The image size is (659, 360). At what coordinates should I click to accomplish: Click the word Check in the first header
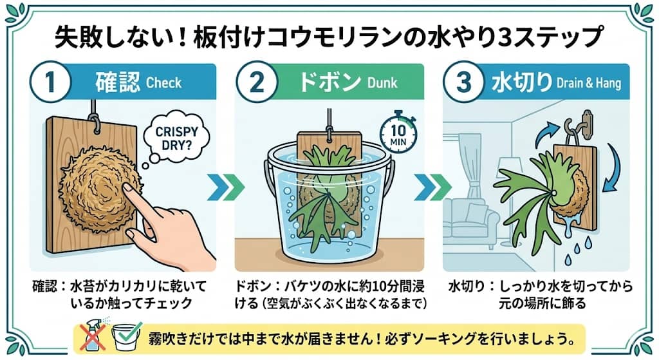click(x=164, y=84)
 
